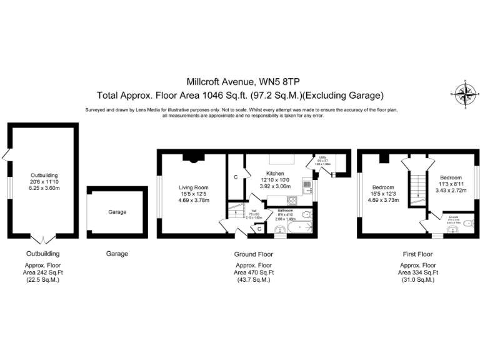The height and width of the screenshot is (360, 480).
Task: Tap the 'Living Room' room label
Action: click(193, 187)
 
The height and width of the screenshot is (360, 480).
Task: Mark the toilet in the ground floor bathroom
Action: click(306, 215)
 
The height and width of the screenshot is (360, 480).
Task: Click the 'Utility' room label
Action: click(322, 157)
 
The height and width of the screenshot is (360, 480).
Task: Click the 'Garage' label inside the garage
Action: click(117, 212)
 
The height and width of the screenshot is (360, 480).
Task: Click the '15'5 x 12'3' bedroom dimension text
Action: click(383, 194)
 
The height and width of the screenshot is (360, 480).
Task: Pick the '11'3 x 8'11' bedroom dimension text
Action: click(451, 183)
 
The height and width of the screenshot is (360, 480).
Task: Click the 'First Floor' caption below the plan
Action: click(416, 254)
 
